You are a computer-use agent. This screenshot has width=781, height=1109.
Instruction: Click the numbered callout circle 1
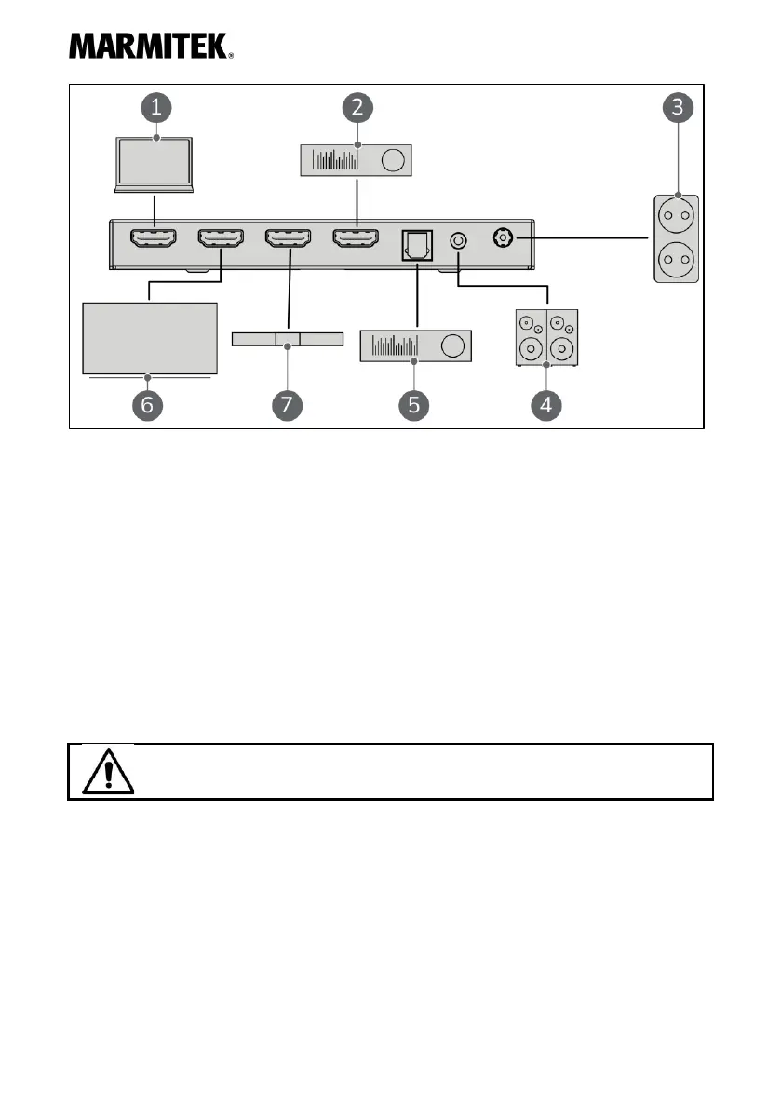click(156, 107)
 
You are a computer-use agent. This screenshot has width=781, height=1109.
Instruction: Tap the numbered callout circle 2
click(358, 107)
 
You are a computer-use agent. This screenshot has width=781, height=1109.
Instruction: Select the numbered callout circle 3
click(677, 107)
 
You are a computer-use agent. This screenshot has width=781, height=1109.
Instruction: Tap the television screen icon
click(149, 339)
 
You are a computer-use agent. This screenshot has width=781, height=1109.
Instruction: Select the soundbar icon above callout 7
click(287, 338)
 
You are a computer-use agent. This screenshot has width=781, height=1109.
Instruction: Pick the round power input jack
click(504, 238)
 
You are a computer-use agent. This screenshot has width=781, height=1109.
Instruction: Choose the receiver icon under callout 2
click(358, 161)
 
